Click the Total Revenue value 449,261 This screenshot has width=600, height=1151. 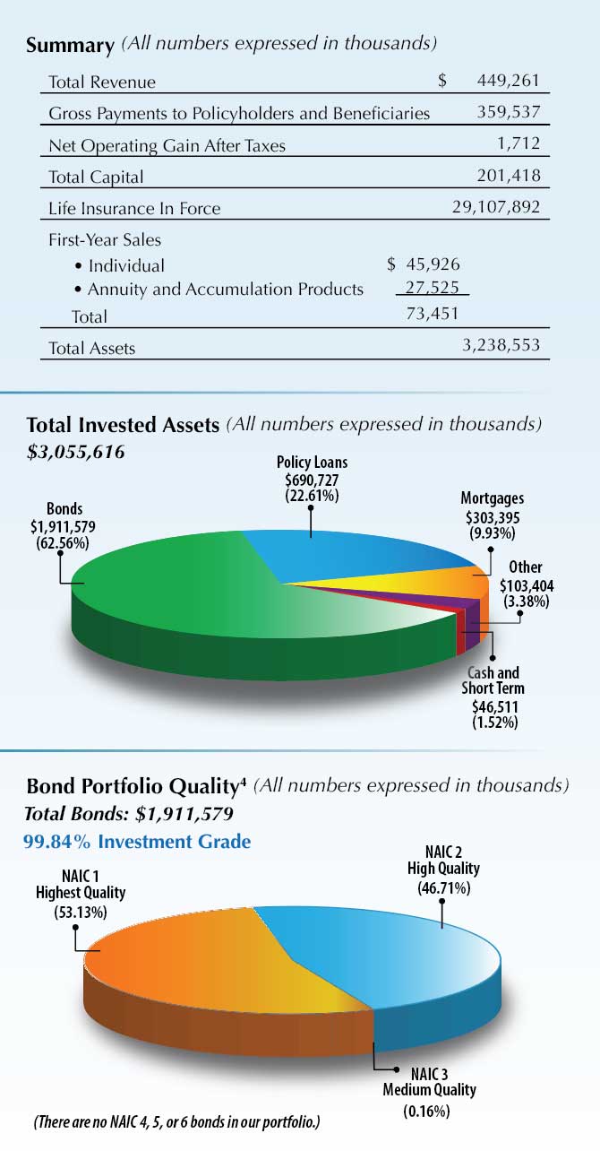tap(506, 82)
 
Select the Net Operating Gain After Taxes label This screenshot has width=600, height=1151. tap(167, 145)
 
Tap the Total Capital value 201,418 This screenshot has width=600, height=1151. tap(508, 176)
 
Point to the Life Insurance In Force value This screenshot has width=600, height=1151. tap(496, 208)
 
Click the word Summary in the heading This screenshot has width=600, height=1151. tap(70, 45)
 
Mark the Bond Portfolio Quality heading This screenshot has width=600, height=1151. tap(136, 787)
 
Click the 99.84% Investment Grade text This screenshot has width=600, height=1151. tap(136, 842)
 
